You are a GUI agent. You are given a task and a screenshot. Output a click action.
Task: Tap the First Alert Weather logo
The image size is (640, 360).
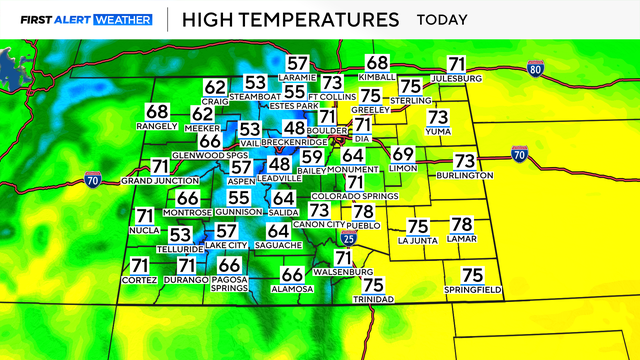point(87,19)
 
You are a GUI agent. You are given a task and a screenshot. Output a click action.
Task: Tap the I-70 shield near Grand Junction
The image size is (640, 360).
point(92,181)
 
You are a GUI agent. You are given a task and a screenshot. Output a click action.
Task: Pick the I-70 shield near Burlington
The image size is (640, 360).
point(518,154)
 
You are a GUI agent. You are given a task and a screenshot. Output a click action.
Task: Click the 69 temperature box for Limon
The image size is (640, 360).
point(402,155)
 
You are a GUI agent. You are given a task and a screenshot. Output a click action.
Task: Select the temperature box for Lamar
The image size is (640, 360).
point(461,225)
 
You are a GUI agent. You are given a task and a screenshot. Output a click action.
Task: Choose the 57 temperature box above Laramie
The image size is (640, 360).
point(298,63)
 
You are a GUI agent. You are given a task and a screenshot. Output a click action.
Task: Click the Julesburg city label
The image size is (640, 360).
point(457,78)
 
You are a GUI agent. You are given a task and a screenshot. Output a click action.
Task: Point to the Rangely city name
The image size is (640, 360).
point(157,126)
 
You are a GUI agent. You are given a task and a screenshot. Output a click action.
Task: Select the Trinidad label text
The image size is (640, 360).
point(375,299)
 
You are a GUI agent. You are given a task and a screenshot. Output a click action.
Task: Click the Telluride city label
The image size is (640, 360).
point(180,248)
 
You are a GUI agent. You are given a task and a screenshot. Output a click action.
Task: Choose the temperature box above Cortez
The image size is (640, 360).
point(140,265)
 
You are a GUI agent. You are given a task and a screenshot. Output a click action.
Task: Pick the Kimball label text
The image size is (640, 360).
point(377,76)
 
